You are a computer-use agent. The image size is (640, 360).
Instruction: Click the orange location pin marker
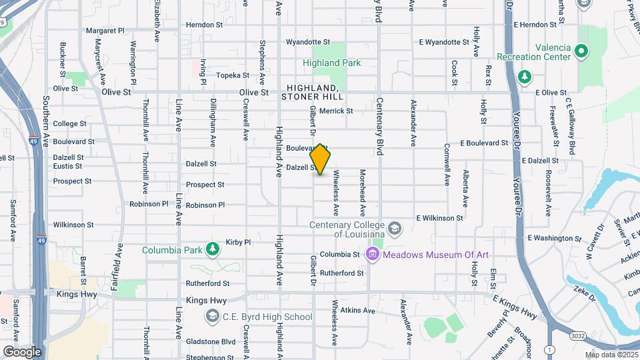click(x=321, y=159)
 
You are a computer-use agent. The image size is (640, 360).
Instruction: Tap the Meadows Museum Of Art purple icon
click(x=372, y=253)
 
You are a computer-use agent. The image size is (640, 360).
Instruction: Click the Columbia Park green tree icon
click(x=213, y=249)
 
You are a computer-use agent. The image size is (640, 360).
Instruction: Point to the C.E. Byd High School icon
click(x=213, y=316)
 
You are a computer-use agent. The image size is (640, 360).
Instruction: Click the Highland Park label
click(x=331, y=63)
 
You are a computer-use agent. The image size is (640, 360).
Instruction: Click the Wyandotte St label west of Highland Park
click(x=308, y=42)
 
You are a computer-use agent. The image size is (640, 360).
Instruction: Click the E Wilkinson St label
click(x=439, y=218)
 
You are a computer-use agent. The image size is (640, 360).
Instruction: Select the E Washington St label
click(x=550, y=238)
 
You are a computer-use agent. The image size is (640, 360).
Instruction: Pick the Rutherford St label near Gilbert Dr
click(x=341, y=273)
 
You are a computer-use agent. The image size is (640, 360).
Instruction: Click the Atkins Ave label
click(x=358, y=310)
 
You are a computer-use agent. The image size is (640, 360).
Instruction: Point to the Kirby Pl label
click(x=238, y=242)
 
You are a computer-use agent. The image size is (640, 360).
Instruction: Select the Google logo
click(x=22, y=351)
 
